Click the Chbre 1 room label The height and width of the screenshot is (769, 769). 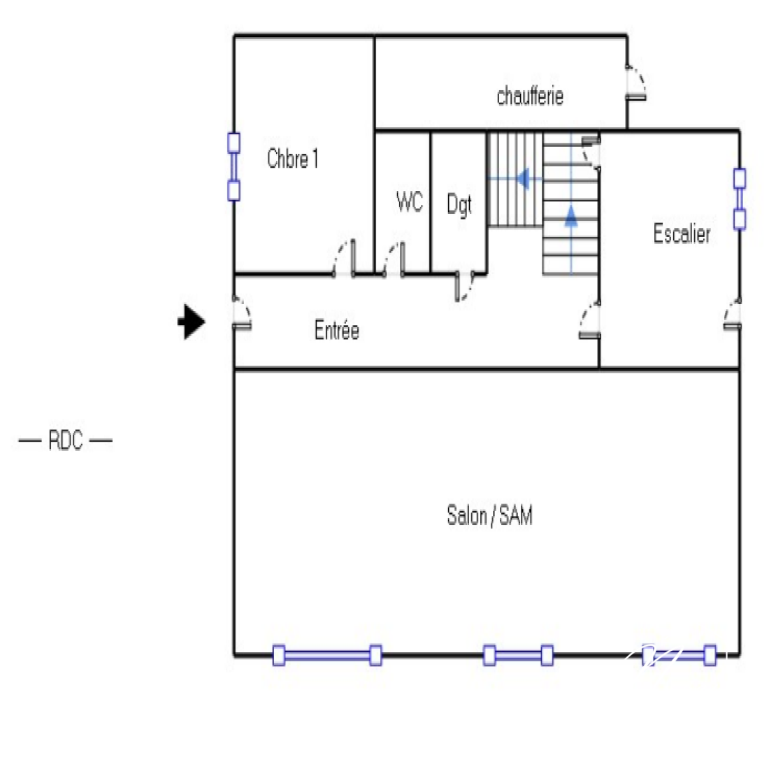(x=292, y=159)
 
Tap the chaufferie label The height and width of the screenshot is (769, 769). (x=530, y=96)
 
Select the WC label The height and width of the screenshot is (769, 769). (x=409, y=202)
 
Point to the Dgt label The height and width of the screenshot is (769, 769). (x=459, y=205)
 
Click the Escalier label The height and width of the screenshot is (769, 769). (x=682, y=233)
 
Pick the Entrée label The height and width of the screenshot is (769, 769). (x=336, y=330)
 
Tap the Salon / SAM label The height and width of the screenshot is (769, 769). (x=489, y=516)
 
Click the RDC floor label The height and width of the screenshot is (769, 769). (x=65, y=440)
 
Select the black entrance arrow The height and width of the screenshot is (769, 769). (x=191, y=322)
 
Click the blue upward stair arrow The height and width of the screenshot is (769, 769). (x=571, y=215)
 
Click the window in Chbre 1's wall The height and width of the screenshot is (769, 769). (x=233, y=166)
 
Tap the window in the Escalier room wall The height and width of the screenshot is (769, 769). (x=739, y=199)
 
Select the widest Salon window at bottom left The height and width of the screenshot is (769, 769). (x=327, y=655)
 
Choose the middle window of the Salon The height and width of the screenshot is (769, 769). (x=518, y=655)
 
